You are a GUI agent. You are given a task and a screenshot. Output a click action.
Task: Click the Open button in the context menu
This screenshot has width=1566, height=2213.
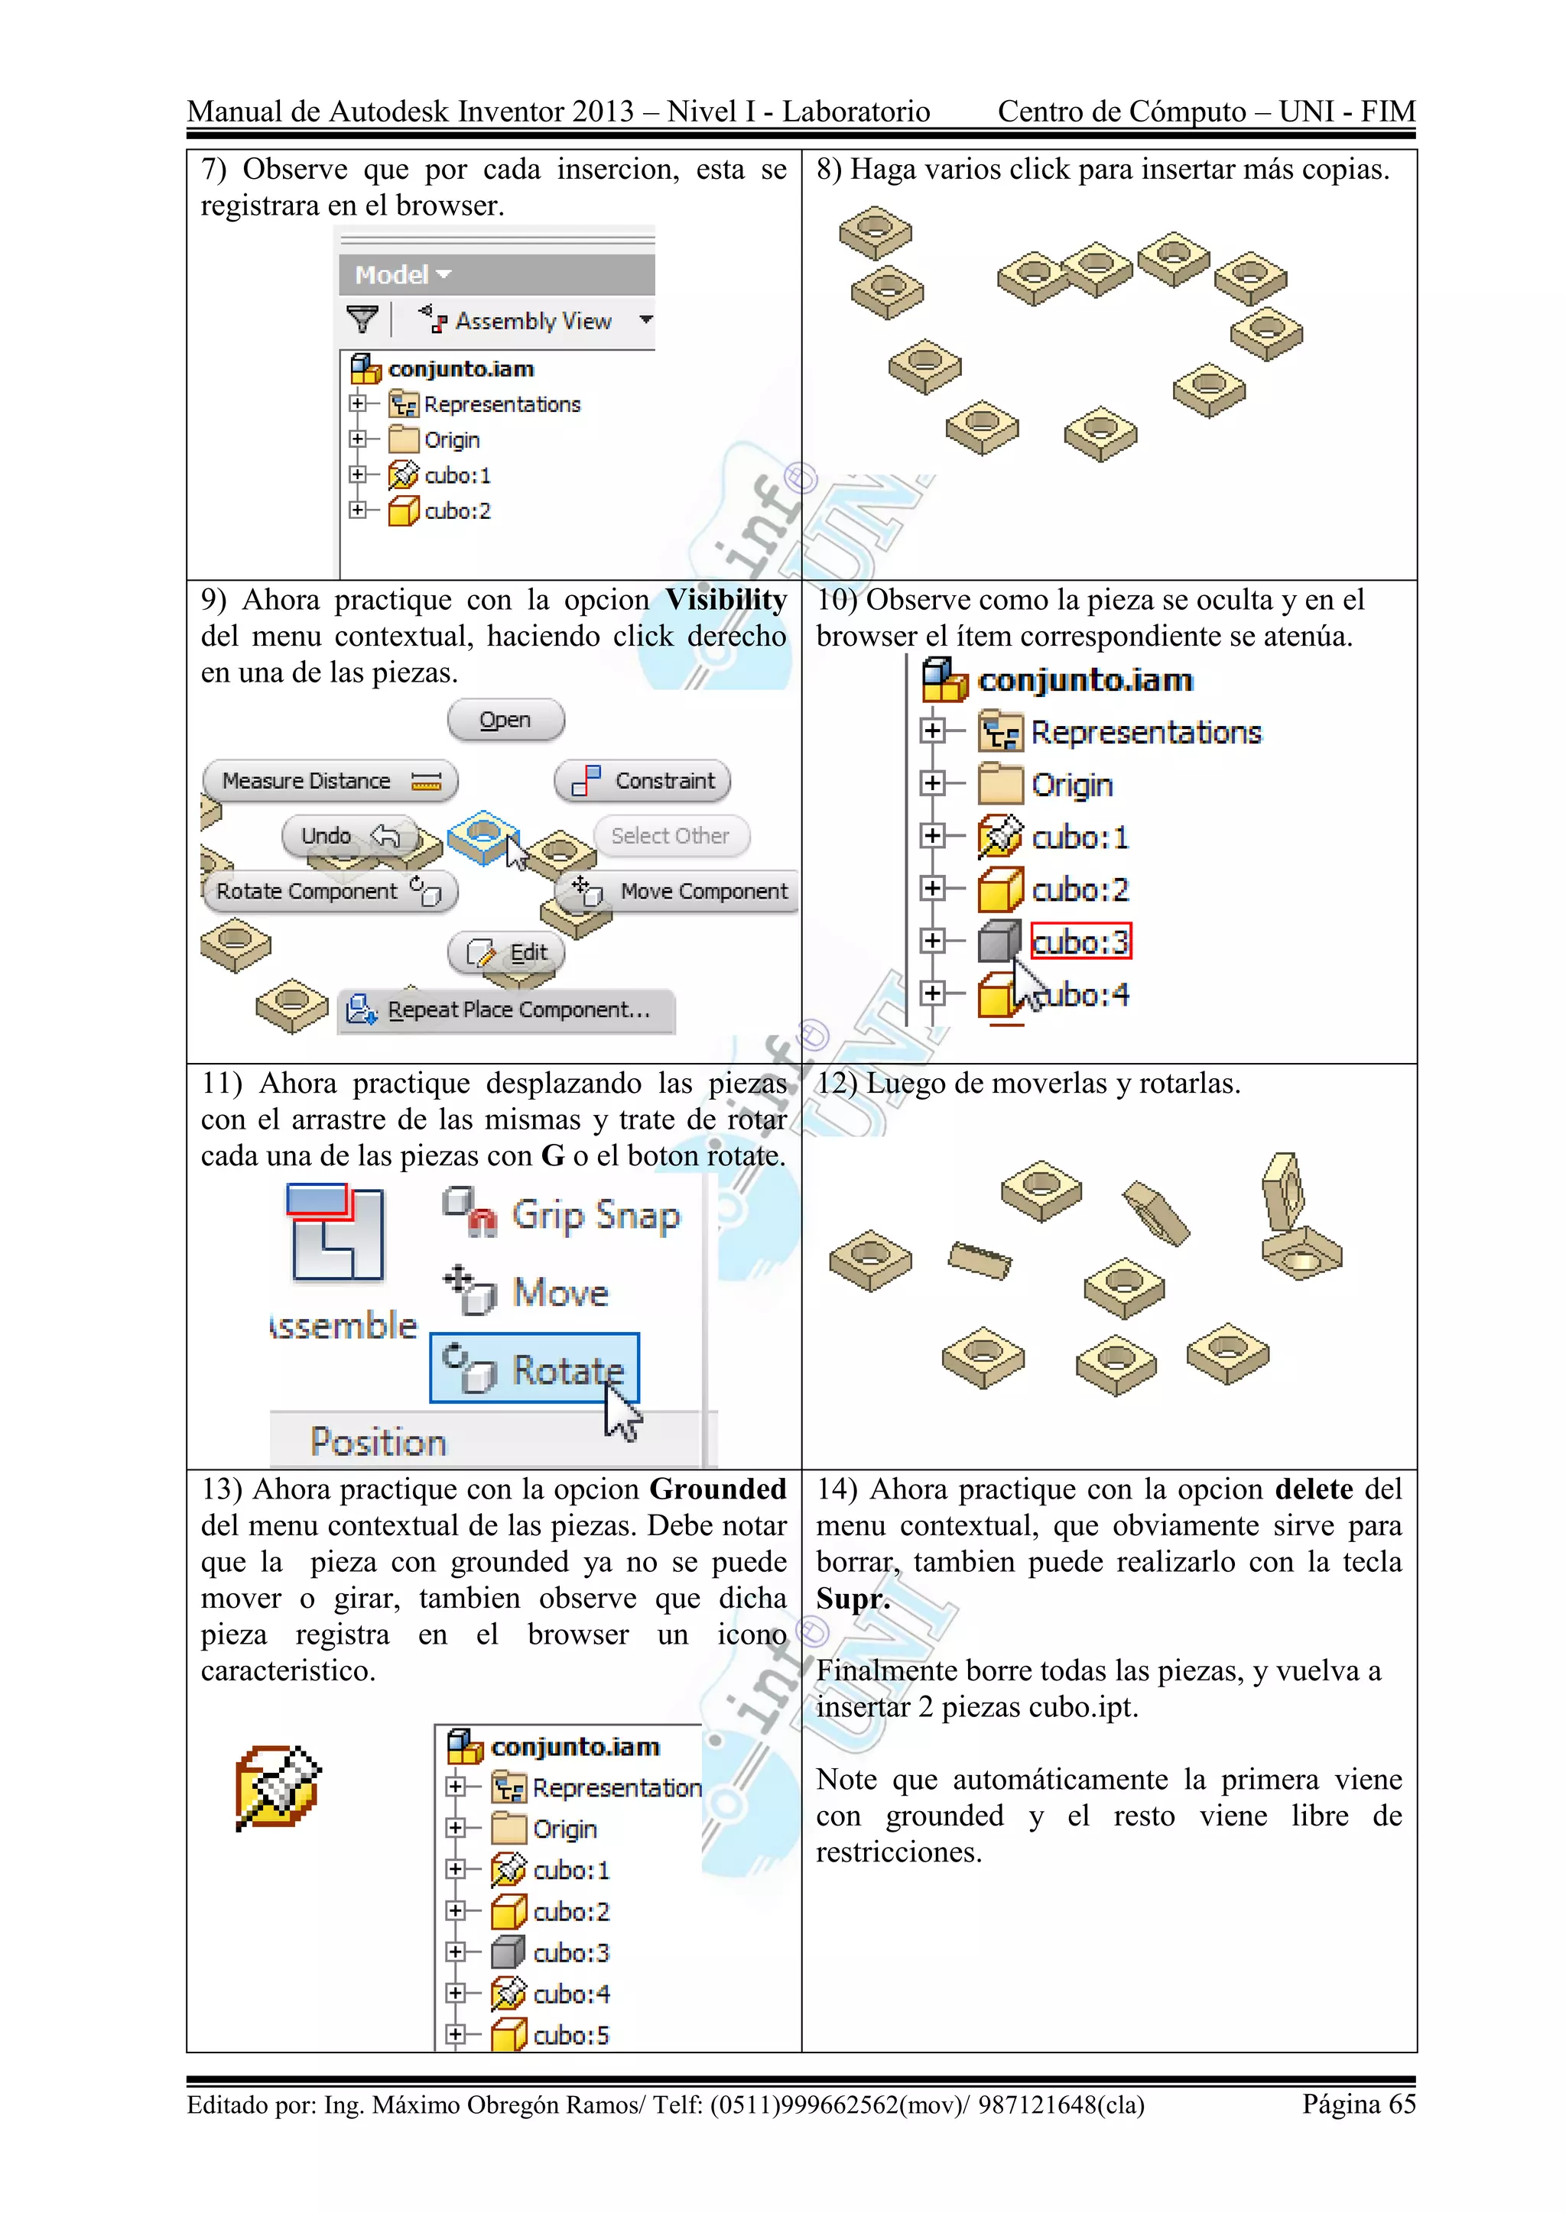pos(505,720)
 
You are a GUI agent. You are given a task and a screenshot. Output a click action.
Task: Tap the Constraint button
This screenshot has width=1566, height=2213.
pos(642,781)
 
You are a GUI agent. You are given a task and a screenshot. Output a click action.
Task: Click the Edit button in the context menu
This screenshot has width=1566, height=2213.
pos(506,953)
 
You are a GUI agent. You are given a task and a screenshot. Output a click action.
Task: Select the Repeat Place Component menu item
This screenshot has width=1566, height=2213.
pos(506,1010)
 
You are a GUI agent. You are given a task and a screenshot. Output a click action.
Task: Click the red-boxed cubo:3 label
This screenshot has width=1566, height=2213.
pos(1080,941)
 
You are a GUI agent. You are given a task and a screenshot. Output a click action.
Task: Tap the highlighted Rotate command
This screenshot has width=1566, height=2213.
pos(535,1369)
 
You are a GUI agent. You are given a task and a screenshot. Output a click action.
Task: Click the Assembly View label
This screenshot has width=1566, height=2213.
pos(532,321)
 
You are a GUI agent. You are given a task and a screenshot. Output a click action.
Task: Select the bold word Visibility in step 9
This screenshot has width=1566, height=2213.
pos(726,601)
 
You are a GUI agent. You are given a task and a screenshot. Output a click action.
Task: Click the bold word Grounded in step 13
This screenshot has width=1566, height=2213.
pos(717,1490)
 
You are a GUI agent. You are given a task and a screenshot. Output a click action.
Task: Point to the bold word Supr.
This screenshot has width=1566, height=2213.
pos(853,1600)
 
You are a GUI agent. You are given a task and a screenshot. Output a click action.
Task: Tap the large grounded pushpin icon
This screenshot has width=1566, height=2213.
pos(278,1787)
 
